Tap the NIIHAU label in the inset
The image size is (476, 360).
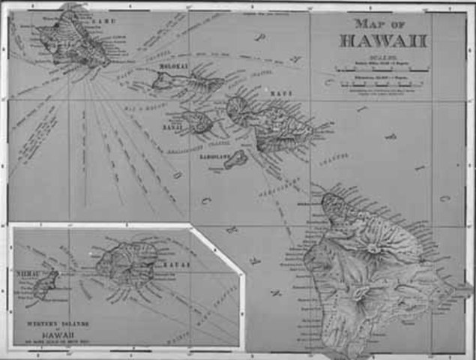(x=28, y=275)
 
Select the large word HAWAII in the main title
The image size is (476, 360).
(x=382, y=40)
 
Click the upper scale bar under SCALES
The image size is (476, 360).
(x=382, y=69)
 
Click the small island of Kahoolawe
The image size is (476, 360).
(x=236, y=159)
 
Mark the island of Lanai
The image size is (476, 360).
(x=198, y=122)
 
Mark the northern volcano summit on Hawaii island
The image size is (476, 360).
(x=373, y=248)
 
